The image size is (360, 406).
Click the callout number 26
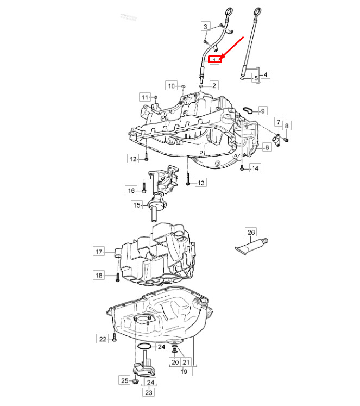251,232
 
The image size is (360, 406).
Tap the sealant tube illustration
251,247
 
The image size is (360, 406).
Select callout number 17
99,252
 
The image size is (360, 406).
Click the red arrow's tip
220,59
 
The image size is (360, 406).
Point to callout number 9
263,111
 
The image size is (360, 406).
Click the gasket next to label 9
249,110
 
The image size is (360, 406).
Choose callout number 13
201,183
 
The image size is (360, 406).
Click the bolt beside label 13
188,179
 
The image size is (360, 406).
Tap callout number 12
133,159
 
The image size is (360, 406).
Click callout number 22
103,339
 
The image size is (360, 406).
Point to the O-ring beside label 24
144,346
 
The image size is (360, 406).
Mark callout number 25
125,380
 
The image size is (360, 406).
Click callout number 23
149,392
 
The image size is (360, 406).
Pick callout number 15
136,205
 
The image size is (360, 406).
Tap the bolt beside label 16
144,188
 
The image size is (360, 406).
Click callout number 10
172,86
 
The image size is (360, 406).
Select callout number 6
267,147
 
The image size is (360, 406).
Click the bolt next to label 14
242,167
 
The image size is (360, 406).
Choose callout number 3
205,27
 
